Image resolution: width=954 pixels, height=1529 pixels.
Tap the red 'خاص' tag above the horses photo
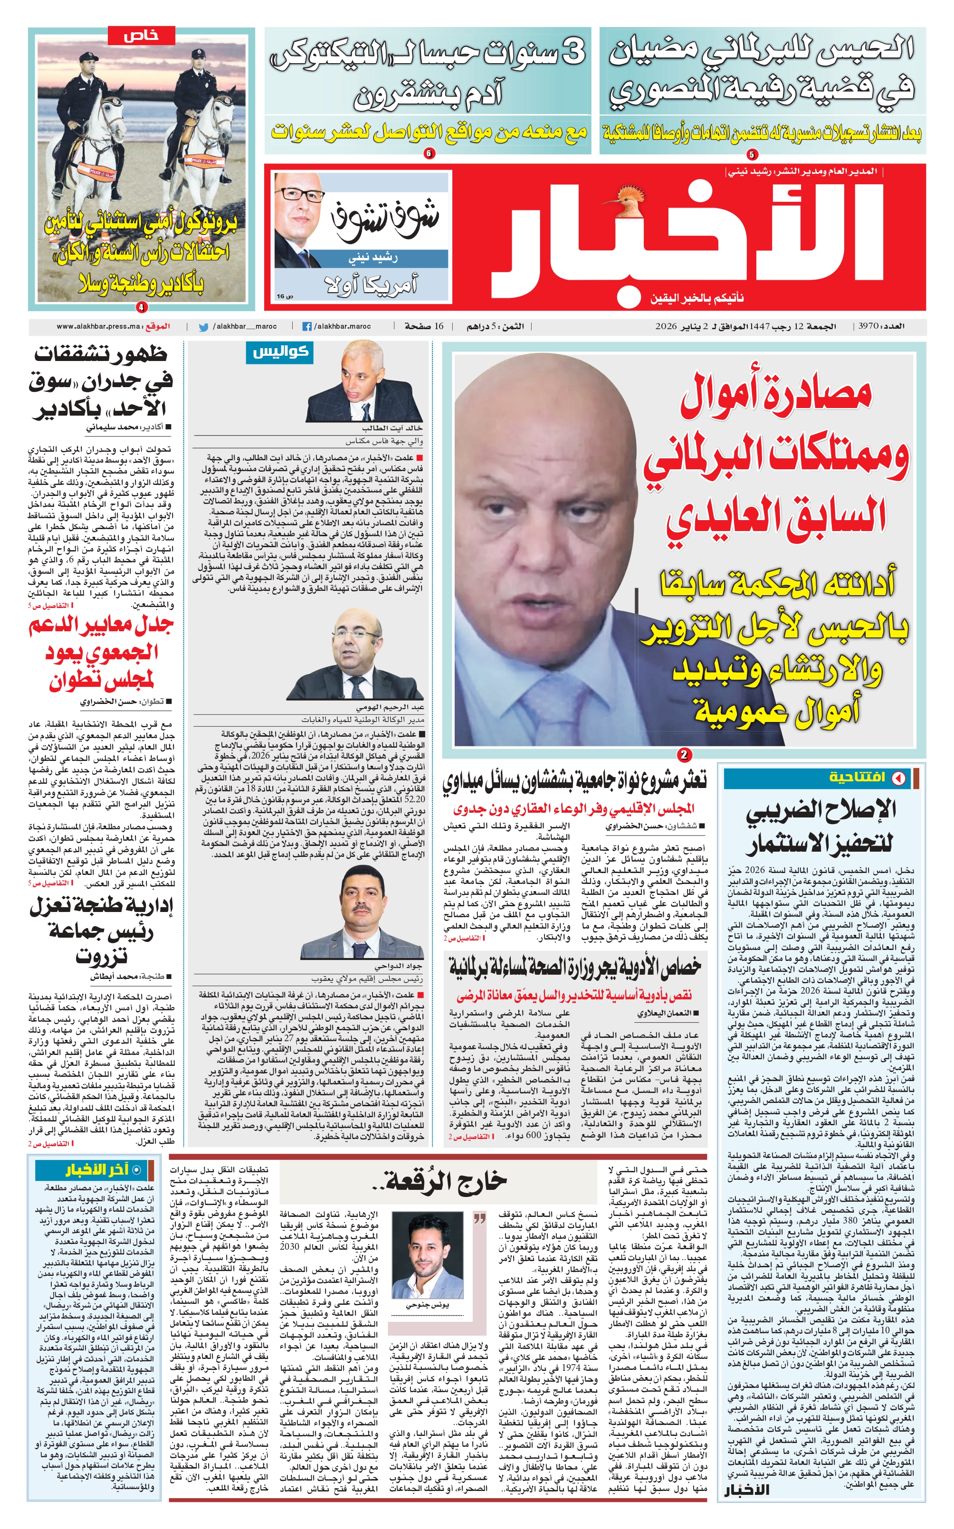coord(141,35)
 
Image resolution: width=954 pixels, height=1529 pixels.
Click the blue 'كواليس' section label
coord(280,352)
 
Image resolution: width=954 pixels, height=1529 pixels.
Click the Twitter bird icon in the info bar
coord(203,327)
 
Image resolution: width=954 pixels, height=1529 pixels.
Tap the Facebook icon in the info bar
coord(307,327)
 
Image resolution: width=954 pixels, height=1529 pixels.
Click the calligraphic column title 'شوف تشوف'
coord(384,221)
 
